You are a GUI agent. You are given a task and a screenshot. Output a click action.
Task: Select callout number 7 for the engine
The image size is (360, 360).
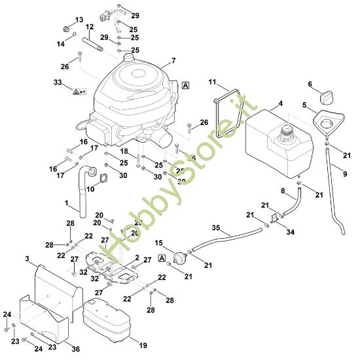173,61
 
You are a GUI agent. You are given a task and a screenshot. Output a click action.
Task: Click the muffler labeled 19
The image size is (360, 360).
108,323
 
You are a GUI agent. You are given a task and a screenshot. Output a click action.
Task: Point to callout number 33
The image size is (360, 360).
58,83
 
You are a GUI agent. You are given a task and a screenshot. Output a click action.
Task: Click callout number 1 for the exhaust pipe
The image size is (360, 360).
66,204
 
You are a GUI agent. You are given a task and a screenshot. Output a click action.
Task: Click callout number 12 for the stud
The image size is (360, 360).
90,27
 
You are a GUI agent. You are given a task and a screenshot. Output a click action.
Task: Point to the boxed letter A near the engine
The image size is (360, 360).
185,85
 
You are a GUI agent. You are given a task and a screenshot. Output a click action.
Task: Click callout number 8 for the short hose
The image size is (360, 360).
283,190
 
